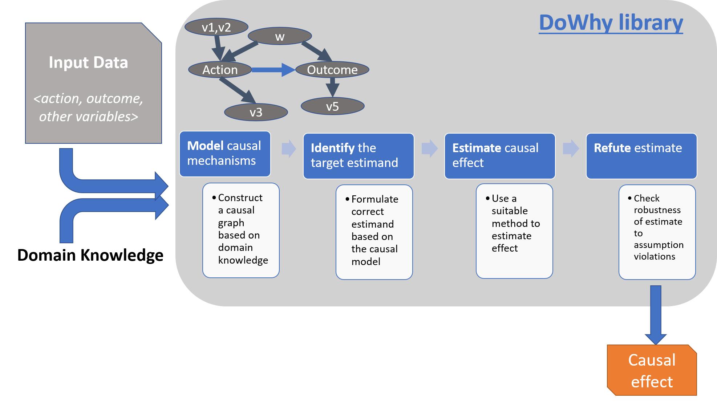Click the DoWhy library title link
[611, 23]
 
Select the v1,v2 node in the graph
[216, 27]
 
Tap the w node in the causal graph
[280, 36]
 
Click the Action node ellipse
[220, 70]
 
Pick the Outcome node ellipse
[332, 70]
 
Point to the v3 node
[256, 112]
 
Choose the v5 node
[332, 106]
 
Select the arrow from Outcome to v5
[332, 87]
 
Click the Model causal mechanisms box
[225, 154]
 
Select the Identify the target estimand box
[358, 156]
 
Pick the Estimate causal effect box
[499, 156]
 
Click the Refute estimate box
[641, 156]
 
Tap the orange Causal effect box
[652, 370]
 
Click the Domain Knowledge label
[90, 255]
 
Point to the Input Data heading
[88, 62]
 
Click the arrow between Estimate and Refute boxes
[571, 148]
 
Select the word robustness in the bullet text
[657, 210]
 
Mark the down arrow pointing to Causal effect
[655, 314]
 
